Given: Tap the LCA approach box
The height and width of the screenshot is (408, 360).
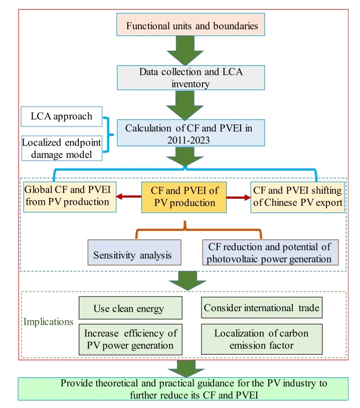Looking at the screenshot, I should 62,117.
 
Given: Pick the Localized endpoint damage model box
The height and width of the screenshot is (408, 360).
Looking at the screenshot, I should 62,148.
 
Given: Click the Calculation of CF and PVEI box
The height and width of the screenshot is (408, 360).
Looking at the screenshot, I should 189,134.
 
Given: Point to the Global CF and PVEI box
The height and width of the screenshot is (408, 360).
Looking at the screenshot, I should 70,196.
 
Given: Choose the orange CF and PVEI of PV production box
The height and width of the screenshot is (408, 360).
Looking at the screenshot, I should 183,197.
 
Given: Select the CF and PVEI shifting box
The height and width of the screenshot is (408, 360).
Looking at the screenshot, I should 298,196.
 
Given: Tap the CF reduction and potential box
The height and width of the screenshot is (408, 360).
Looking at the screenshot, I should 269,253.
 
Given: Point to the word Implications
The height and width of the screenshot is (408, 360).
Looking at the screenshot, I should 48,322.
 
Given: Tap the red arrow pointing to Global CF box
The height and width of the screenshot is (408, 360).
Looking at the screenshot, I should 127,197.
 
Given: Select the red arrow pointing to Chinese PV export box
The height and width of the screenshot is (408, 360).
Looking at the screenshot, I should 239,197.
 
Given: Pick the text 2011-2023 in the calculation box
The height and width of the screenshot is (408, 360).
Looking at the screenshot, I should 189,140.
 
